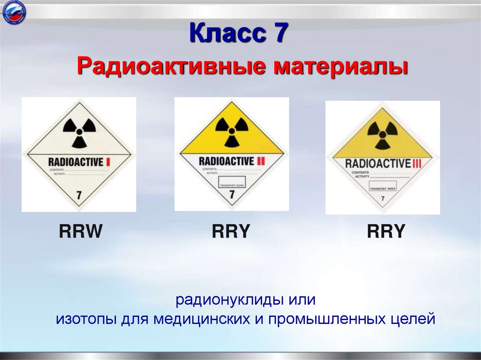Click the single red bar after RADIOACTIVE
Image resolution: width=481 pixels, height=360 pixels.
(x=109, y=162)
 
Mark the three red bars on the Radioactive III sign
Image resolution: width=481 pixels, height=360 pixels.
(x=418, y=163)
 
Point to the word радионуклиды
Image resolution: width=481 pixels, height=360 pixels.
(x=217, y=299)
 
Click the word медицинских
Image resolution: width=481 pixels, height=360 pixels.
(x=208, y=320)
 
